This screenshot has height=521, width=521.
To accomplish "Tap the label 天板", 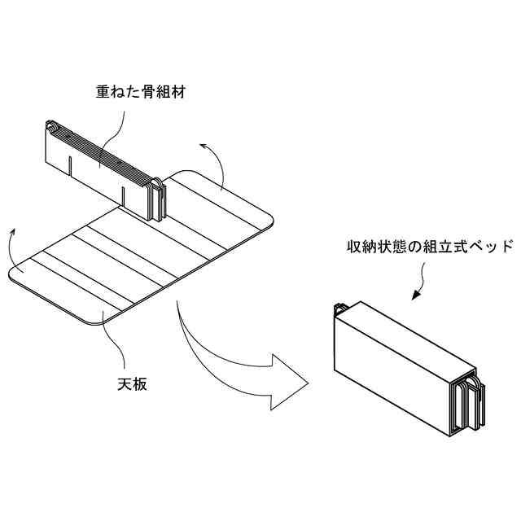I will [x=132, y=383].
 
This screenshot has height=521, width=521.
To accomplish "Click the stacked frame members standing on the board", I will [x=102, y=159].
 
